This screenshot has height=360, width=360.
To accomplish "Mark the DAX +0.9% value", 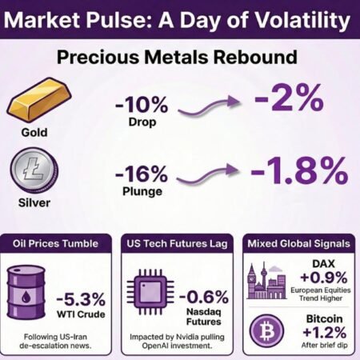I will click(x=319, y=275).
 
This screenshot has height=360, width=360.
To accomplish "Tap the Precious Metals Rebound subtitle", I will click(x=179, y=58).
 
